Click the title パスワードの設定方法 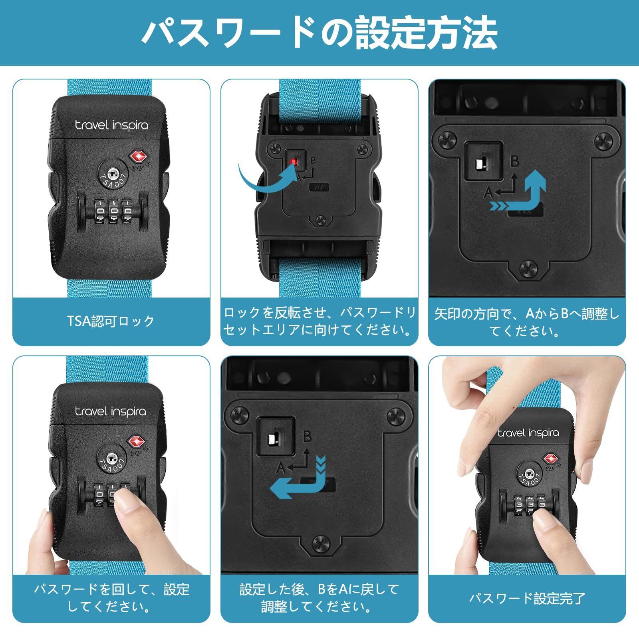click(x=319, y=33)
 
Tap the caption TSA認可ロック click(x=111, y=321)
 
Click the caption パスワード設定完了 click(x=527, y=598)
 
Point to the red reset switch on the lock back click(x=293, y=161)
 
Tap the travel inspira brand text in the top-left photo click(x=111, y=125)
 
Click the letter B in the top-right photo click(x=515, y=161)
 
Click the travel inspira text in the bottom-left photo click(x=111, y=412)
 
